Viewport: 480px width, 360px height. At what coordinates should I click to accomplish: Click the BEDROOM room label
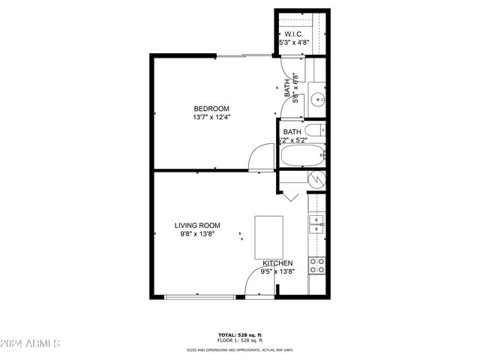click(211, 108)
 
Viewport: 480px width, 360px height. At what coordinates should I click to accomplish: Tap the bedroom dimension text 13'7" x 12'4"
click(211, 117)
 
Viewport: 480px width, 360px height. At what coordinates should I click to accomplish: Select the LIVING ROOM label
click(197, 226)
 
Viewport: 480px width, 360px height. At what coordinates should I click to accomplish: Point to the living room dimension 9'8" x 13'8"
click(197, 235)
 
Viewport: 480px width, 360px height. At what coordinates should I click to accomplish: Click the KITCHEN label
click(277, 263)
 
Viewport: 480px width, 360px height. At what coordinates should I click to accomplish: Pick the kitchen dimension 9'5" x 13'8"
click(277, 271)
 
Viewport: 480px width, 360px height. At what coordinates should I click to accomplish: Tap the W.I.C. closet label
click(293, 34)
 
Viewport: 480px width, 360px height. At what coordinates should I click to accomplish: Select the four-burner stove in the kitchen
click(317, 265)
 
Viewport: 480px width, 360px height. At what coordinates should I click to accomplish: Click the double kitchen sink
click(316, 223)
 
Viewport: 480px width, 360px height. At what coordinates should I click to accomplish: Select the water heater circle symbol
click(317, 180)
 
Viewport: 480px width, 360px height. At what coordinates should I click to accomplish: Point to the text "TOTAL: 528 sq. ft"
click(240, 334)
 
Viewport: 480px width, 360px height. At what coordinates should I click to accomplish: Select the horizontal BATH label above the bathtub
click(292, 132)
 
